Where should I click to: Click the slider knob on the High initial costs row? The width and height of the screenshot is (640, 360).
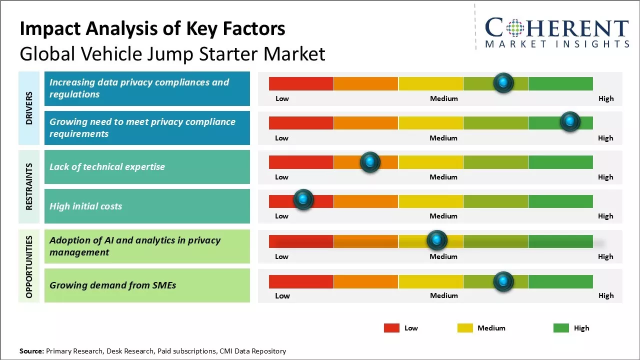(303, 199)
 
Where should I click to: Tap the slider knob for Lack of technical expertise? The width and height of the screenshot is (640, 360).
(370, 161)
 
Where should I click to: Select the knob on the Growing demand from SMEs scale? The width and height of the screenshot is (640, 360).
(503, 281)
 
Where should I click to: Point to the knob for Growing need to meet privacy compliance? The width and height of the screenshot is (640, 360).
(569, 121)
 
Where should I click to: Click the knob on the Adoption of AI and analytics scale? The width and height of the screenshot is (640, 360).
(437, 240)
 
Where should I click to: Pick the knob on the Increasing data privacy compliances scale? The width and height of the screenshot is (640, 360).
(503, 82)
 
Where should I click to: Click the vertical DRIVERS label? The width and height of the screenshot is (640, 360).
(29, 108)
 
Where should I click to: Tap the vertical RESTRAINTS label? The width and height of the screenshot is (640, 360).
(29, 186)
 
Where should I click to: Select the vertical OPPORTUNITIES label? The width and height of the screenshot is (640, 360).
(29, 267)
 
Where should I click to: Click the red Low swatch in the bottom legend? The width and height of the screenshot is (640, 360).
(391, 328)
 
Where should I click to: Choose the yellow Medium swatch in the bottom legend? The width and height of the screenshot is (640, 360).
(465, 328)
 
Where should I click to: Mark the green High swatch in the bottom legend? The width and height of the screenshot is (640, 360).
(561, 328)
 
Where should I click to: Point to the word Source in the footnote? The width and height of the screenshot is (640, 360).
(31, 351)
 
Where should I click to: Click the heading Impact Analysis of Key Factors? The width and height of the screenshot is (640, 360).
(152, 29)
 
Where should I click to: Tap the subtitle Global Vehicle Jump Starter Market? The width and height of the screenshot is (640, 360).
(172, 53)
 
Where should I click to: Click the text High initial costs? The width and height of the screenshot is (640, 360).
(85, 206)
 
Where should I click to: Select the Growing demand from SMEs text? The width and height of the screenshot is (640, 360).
(112, 285)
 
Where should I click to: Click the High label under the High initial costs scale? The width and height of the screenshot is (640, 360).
(605, 216)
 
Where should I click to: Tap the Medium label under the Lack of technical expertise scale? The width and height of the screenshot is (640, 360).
(443, 177)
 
